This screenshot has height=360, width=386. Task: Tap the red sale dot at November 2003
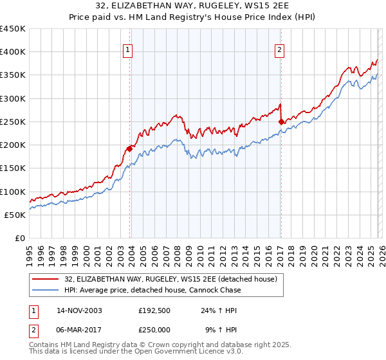[x=129, y=148]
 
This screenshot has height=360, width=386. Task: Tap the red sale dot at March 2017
[x=281, y=122]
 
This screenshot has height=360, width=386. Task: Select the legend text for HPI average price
[x=152, y=290]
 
